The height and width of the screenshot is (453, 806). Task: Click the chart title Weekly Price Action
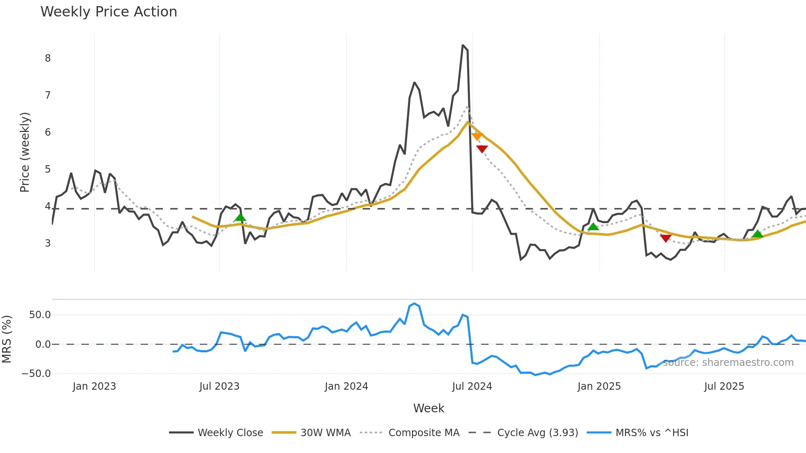pos(109,12)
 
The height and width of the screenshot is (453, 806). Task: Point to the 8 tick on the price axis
pos(48,58)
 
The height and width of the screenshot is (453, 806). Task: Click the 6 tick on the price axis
pos(48,132)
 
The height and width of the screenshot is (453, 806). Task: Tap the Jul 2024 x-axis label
pos(472,386)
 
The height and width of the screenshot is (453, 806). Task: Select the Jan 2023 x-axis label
pos(94,386)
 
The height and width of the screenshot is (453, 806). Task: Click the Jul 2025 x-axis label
pos(724,386)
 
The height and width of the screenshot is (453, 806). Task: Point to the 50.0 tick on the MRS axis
pos(40,315)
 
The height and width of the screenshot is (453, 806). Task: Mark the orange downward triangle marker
pos(477,136)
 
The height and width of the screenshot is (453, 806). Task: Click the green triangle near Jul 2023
pos(241,217)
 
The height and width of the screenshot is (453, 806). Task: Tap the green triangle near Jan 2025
pos(593,226)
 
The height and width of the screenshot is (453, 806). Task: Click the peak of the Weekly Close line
pos(463,45)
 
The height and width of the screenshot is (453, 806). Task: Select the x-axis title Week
pos(428,408)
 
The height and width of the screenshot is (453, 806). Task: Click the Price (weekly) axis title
pos(25,152)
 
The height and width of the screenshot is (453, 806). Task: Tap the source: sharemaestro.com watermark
pos(728,363)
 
